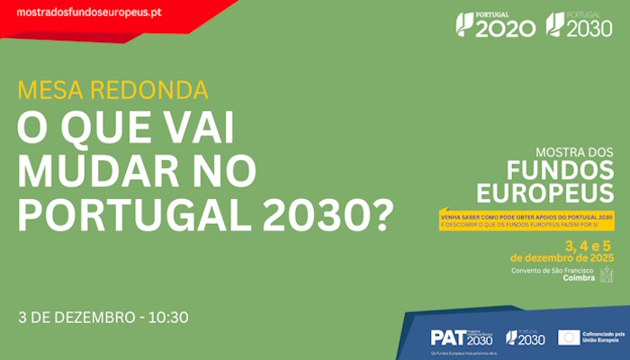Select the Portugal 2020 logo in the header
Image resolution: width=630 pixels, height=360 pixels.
(495, 24)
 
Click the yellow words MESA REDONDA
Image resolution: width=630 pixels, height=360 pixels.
(112, 91)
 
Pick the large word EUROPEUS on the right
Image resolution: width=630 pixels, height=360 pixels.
(545, 193)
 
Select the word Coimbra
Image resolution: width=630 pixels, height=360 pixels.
(578, 279)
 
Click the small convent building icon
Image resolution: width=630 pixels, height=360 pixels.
(607, 274)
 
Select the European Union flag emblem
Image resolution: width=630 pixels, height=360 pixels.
(568, 337)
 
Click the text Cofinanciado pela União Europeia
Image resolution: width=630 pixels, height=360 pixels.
(600, 337)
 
